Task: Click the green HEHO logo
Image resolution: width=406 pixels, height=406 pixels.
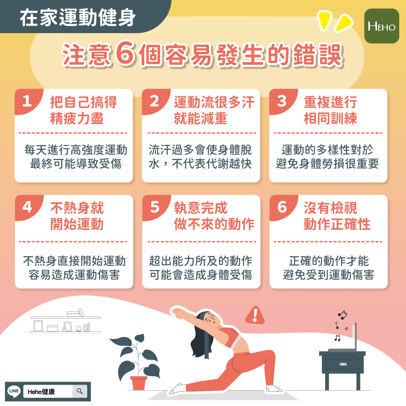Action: (381, 26)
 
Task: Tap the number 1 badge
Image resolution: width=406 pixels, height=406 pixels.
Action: (27, 101)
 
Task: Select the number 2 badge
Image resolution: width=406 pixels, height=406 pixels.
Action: (154, 101)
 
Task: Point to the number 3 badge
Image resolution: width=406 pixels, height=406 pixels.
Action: (281, 101)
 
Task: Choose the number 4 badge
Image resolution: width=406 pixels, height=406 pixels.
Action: (27, 207)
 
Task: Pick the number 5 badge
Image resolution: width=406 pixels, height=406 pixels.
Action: (155, 207)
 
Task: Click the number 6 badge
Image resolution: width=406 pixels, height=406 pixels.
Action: (282, 207)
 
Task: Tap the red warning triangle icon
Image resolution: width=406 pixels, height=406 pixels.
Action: (255, 315)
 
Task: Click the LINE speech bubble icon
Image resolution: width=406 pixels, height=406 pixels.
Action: (14, 391)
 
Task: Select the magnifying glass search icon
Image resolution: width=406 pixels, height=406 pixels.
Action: (80, 391)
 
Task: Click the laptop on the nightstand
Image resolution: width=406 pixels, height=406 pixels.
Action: (345, 340)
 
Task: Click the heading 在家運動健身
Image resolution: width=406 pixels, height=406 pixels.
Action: (78, 17)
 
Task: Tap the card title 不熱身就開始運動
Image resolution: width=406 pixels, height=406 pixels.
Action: (77, 216)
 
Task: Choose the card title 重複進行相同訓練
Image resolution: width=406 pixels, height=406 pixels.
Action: (330, 110)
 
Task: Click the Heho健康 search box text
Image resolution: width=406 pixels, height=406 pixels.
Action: (41, 392)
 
